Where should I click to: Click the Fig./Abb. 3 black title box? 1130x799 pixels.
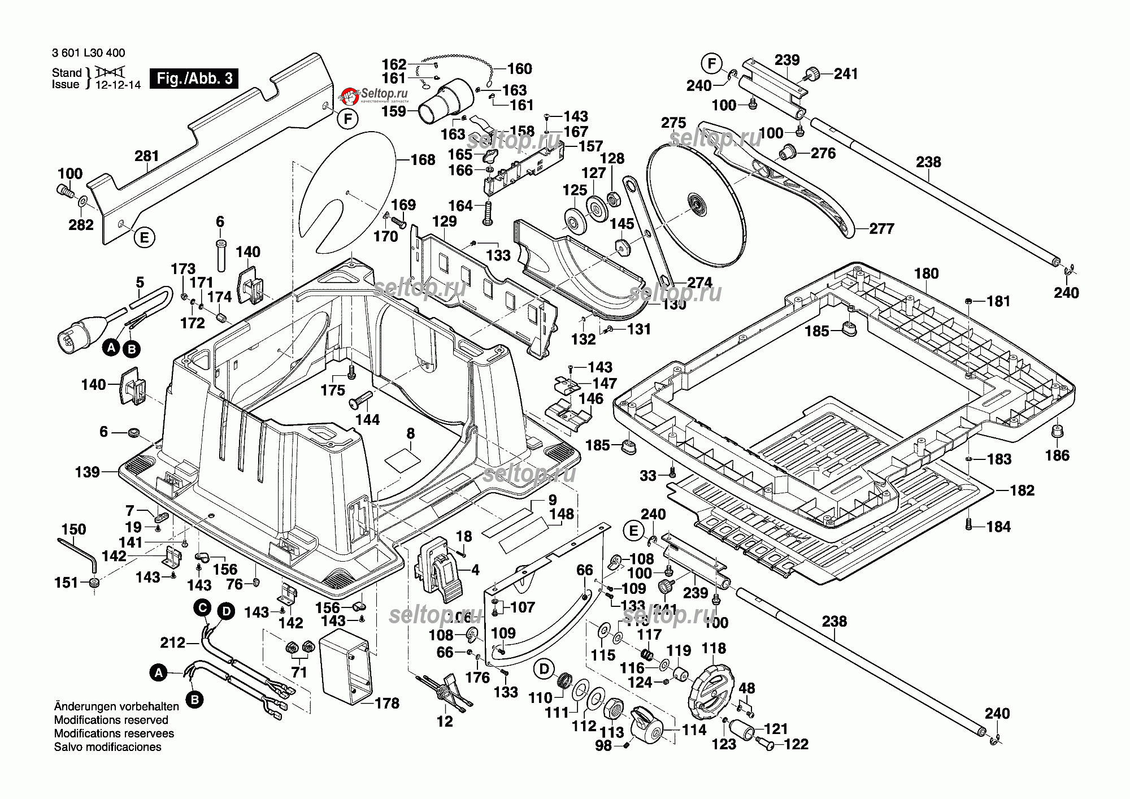click(194, 79)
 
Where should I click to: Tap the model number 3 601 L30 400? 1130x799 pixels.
click(89, 53)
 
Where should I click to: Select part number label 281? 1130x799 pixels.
click(147, 156)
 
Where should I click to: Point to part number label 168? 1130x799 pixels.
click(423, 160)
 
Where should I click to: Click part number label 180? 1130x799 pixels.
click(927, 273)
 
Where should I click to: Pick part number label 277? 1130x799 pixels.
click(881, 229)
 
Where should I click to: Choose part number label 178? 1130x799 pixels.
click(387, 704)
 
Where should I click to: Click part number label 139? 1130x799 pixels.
click(88, 472)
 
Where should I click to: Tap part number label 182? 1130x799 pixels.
click(1022, 490)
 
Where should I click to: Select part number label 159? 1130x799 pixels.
click(394, 111)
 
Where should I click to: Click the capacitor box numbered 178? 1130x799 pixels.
click(346, 668)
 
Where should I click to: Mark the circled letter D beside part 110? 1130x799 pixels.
click(544, 670)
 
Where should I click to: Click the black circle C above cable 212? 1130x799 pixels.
click(202, 609)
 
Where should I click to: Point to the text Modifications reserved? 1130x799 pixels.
click(111, 720)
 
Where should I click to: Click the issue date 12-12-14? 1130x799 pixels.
click(118, 85)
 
